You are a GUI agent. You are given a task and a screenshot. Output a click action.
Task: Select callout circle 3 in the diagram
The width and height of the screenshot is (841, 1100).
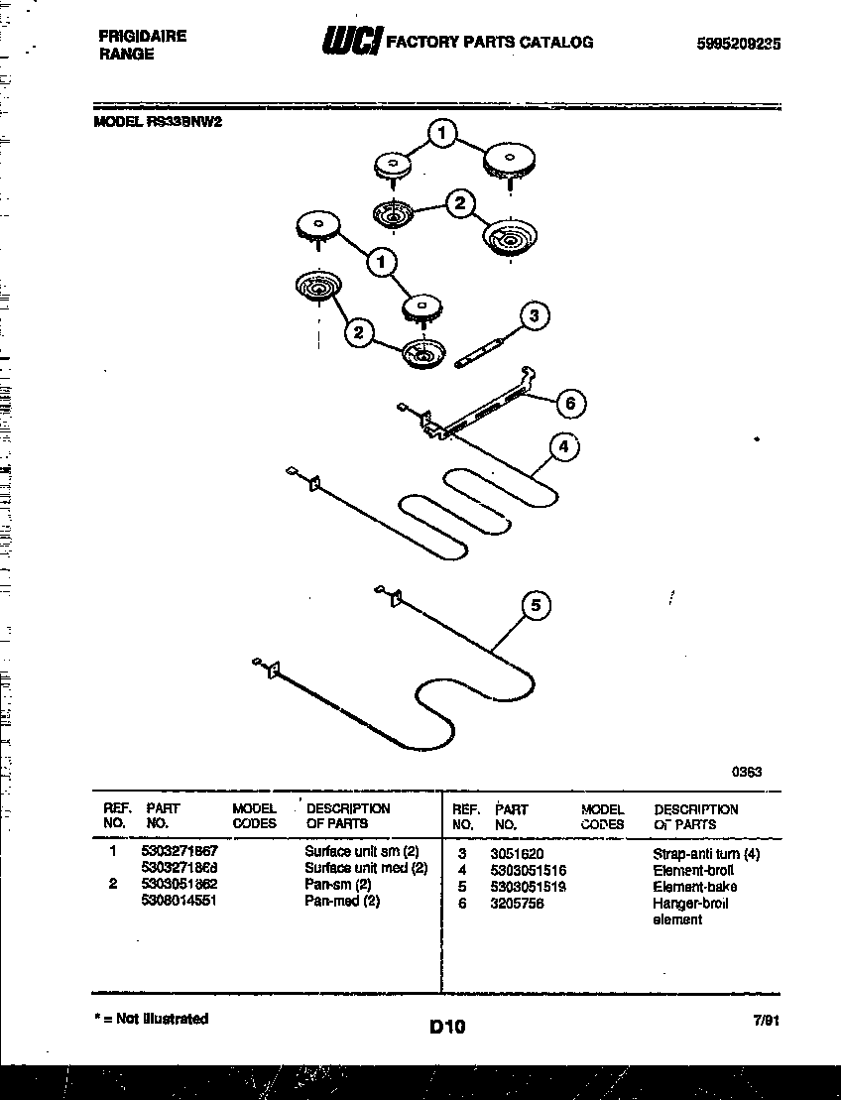point(534,316)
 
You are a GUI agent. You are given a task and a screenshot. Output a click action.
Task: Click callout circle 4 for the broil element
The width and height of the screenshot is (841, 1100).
point(562,447)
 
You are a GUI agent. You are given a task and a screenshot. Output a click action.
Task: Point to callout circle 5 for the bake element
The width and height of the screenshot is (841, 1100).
point(536,605)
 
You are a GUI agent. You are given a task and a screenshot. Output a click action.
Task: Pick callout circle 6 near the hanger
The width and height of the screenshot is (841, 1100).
point(569,403)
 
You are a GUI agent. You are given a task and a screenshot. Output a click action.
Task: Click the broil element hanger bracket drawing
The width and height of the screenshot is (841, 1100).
point(477,406)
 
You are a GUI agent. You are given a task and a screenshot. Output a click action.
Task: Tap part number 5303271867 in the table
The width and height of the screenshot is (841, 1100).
point(180,851)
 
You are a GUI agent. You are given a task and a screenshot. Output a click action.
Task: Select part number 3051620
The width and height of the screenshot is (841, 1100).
point(516,853)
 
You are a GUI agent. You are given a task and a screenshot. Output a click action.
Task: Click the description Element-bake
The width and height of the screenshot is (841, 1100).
point(694,886)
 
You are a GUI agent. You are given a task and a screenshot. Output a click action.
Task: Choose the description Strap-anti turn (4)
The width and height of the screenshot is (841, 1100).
point(705,853)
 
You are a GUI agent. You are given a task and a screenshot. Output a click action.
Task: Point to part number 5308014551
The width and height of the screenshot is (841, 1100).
point(179,901)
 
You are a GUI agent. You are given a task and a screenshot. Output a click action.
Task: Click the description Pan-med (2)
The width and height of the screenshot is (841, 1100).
point(341,901)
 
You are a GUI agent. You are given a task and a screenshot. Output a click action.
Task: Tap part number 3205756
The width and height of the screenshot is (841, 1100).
point(516,903)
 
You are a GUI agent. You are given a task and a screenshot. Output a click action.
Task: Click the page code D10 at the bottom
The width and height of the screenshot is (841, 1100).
point(447,1028)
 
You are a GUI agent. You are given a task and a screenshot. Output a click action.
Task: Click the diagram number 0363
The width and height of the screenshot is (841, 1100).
point(747,772)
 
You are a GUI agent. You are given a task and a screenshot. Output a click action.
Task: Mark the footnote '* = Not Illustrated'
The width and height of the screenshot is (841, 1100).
point(152,1019)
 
